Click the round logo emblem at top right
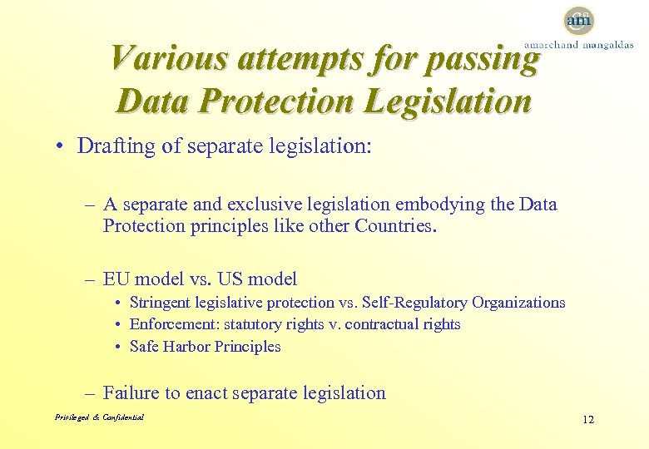pyautogui.click(x=578, y=20)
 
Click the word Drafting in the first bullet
pyautogui.click(x=111, y=146)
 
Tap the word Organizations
pyautogui.click(x=516, y=303)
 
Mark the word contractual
pyautogui.click(x=376, y=324)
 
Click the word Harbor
pyautogui.click(x=188, y=347)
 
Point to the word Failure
pyautogui.click(x=131, y=393)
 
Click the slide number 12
pyautogui.click(x=588, y=419)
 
